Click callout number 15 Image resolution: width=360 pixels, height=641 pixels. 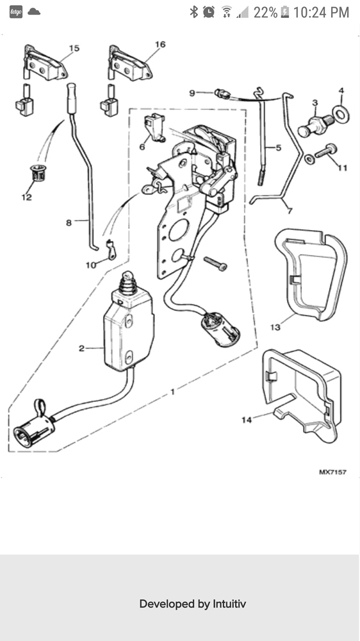click(x=74, y=48)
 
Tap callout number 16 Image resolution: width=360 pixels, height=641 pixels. click(x=160, y=44)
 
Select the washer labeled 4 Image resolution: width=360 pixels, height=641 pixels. click(x=342, y=113)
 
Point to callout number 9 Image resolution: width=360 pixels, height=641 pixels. click(x=192, y=93)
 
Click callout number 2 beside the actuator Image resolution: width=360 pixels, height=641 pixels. click(x=81, y=348)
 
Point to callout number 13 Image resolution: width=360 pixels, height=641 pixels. click(x=275, y=328)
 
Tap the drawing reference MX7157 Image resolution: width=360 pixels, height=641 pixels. click(x=332, y=472)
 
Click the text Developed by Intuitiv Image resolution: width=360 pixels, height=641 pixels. click(x=192, y=604)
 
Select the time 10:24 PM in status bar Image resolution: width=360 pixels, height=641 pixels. click(x=321, y=12)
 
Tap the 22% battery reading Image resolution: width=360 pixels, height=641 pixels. click(x=265, y=12)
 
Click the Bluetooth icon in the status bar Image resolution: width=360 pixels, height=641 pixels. click(x=193, y=12)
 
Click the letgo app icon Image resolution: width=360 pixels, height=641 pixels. click(x=16, y=12)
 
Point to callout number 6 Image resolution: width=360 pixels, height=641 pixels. click(x=142, y=147)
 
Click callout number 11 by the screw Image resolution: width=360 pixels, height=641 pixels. click(x=343, y=168)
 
